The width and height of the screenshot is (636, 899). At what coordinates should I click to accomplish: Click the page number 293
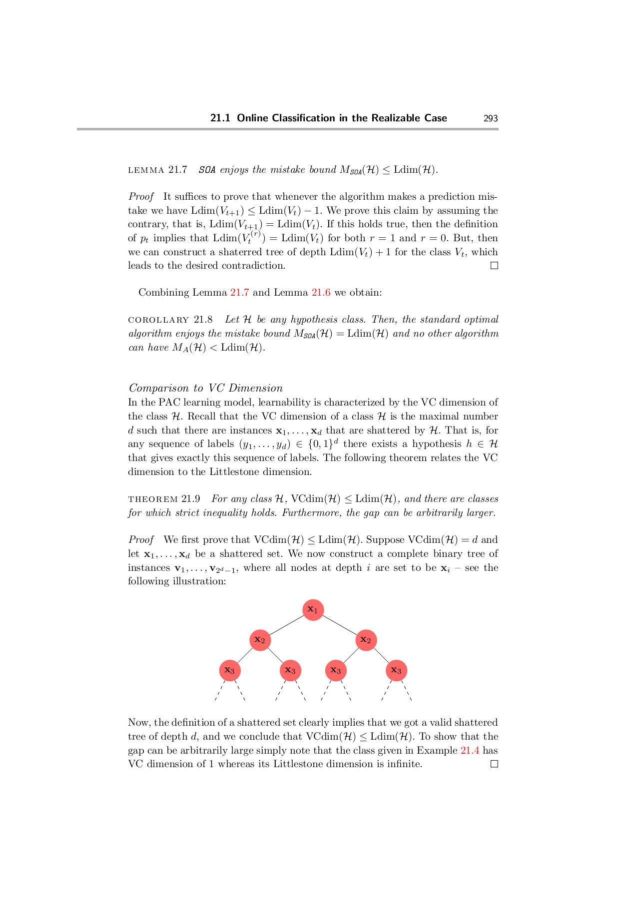[x=491, y=118]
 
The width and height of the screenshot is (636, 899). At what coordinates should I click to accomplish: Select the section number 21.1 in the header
[x=220, y=118]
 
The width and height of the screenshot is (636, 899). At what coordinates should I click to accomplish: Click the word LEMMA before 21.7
[x=146, y=170]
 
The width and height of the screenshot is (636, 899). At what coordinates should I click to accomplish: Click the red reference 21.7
[x=239, y=293]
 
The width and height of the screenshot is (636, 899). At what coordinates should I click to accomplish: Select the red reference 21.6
[x=321, y=293]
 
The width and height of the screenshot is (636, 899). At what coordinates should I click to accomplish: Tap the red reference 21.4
[x=470, y=751]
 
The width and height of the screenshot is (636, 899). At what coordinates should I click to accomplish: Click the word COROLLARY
[x=158, y=320]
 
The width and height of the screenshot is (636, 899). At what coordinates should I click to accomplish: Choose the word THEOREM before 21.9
[x=153, y=499]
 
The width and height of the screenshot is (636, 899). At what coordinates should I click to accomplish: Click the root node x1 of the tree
[x=313, y=610]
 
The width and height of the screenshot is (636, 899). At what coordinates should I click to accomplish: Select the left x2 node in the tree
[x=260, y=640]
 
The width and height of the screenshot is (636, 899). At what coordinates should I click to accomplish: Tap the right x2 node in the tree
[x=366, y=640]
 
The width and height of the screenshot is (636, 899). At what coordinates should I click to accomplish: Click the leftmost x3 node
[x=230, y=670]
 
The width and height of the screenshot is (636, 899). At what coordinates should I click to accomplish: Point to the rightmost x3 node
[x=396, y=670]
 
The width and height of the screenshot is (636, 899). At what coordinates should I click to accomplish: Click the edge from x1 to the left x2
[x=286, y=625]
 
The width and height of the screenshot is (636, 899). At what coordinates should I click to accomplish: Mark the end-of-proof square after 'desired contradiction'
[x=494, y=266]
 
